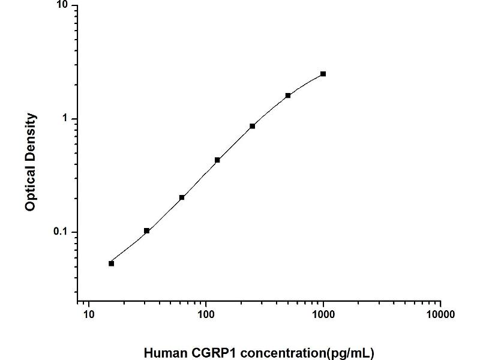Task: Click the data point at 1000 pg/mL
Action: click(323, 74)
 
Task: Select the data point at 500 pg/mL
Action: click(288, 95)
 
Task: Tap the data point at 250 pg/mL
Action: click(253, 126)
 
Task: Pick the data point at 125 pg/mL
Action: click(217, 160)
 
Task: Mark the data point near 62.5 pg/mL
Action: click(182, 197)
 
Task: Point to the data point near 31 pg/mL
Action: click(146, 230)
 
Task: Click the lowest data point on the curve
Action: click(111, 263)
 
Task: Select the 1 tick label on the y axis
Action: click(66, 119)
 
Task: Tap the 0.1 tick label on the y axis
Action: click(61, 232)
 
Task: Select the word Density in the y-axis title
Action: click(31, 135)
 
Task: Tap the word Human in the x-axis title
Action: click(163, 353)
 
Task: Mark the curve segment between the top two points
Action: click(307, 83)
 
